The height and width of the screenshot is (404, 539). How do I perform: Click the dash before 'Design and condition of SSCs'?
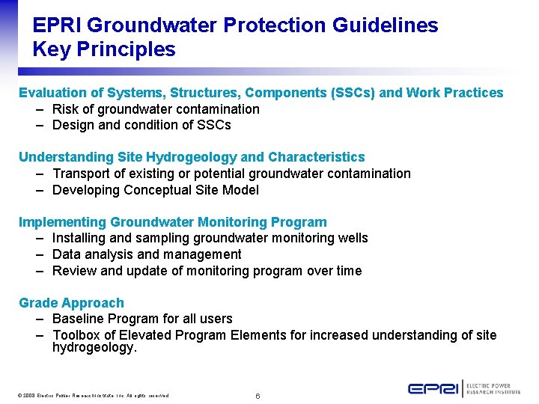pyautogui.click(x=39, y=125)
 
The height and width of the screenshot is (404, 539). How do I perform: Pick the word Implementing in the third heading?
pyautogui.click(x=62, y=222)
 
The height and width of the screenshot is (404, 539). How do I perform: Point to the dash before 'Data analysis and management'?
pyautogui.click(x=39, y=254)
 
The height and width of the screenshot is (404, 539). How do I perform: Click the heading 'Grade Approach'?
pyautogui.click(x=71, y=303)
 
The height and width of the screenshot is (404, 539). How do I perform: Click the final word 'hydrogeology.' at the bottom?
pyautogui.click(x=94, y=348)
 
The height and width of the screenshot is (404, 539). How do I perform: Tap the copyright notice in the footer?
pyautogui.click(x=94, y=395)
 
